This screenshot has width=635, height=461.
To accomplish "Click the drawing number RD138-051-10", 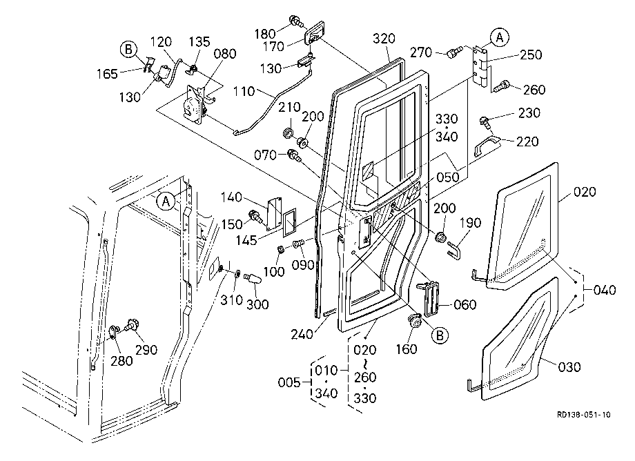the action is pyautogui.click(x=583, y=415).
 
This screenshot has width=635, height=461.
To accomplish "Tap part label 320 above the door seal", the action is pyautogui.click(x=384, y=39).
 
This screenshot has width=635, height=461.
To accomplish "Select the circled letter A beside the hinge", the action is pyautogui.click(x=499, y=37).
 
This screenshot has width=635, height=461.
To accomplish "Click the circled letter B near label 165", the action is pyautogui.click(x=128, y=50).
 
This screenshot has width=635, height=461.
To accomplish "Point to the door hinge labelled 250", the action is pyautogui.click(x=480, y=67).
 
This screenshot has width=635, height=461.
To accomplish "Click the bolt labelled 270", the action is pyautogui.click(x=453, y=52).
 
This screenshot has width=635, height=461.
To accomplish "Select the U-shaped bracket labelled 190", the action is pyautogui.click(x=454, y=250).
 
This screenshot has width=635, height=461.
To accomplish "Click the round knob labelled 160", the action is pyautogui.click(x=414, y=322).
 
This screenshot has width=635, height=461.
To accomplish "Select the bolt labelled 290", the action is pyautogui.click(x=132, y=324).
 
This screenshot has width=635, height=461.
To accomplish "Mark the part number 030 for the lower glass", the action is pyautogui.click(x=569, y=367).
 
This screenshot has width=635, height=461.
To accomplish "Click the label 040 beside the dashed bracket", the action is pyautogui.click(x=605, y=290).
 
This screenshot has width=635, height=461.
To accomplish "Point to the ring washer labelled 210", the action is pyautogui.click(x=288, y=133).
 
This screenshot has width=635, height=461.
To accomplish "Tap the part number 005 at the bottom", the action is pyautogui.click(x=289, y=382).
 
